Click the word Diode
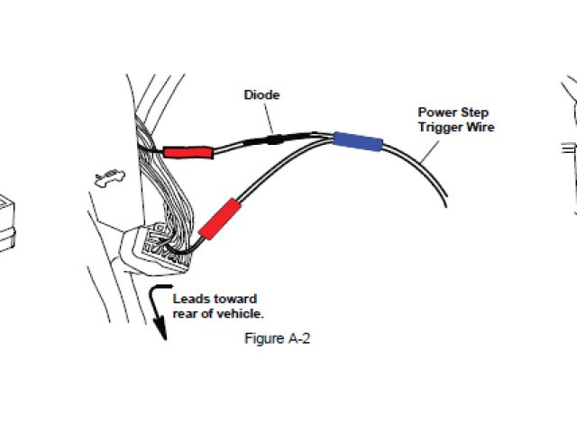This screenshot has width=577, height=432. [261, 94]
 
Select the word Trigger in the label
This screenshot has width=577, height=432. [439, 127]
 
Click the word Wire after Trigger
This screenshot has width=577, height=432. [479, 127]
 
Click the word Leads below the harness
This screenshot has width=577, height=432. [190, 299]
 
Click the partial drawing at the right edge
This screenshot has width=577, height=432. [568, 144]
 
